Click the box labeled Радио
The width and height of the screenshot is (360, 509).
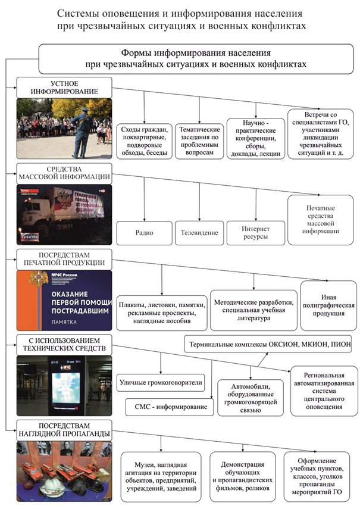(143, 233)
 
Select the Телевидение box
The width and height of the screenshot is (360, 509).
(199, 233)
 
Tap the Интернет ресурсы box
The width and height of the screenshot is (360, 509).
(255, 233)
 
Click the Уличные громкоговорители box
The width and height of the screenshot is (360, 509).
(161, 382)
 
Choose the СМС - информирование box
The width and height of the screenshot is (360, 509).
(170, 407)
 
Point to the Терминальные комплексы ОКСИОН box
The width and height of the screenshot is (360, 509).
(268, 344)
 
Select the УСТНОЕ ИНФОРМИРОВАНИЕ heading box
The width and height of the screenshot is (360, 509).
(65, 88)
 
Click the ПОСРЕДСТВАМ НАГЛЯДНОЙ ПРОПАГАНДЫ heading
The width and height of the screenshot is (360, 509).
(65, 429)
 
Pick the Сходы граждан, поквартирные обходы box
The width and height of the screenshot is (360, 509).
(145, 141)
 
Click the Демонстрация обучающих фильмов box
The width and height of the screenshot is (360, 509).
(242, 476)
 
